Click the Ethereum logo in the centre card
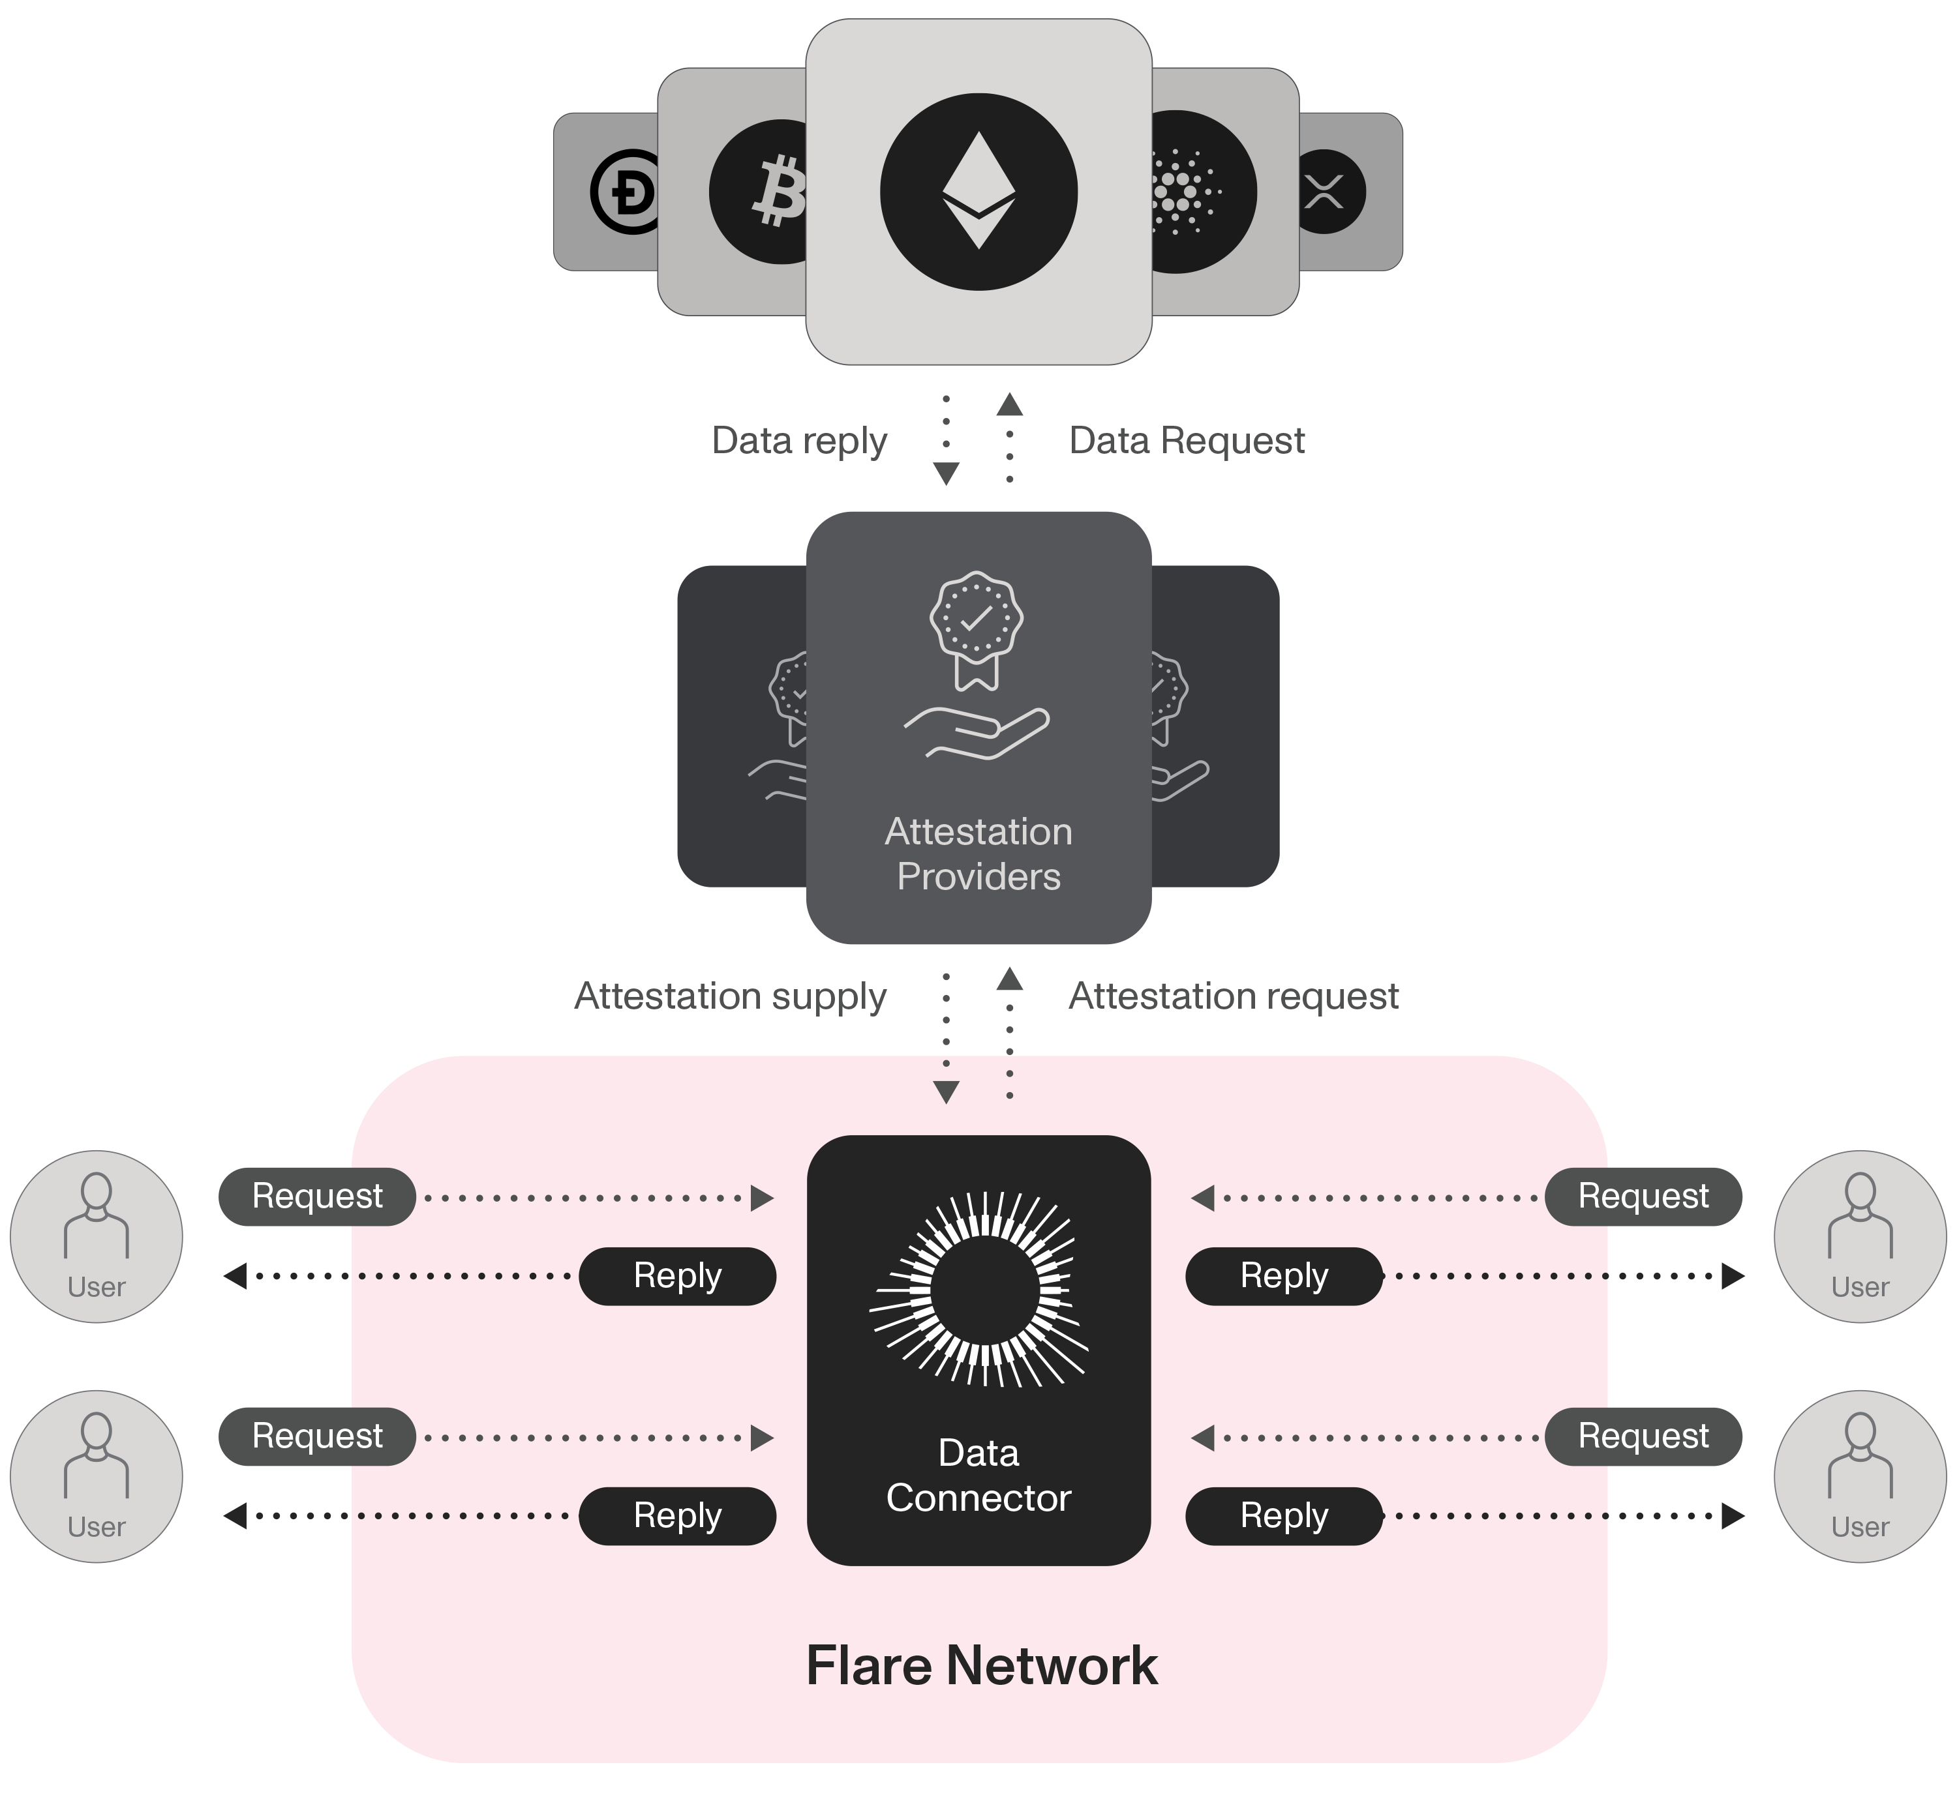(978, 192)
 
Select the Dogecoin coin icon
(628, 192)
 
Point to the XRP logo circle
(1327, 192)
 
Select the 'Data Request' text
(1186, 441)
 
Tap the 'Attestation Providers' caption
(978, 854)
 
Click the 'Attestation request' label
(1234, 996)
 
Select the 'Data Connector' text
(978, 1475)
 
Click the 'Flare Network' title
(981, 1666)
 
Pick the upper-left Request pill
(317, 1196)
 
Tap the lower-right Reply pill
(1284, 1515)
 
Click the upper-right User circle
(1860, 1236)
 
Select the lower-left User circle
(97, 1476)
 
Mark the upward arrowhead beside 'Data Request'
(1010, 404)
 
